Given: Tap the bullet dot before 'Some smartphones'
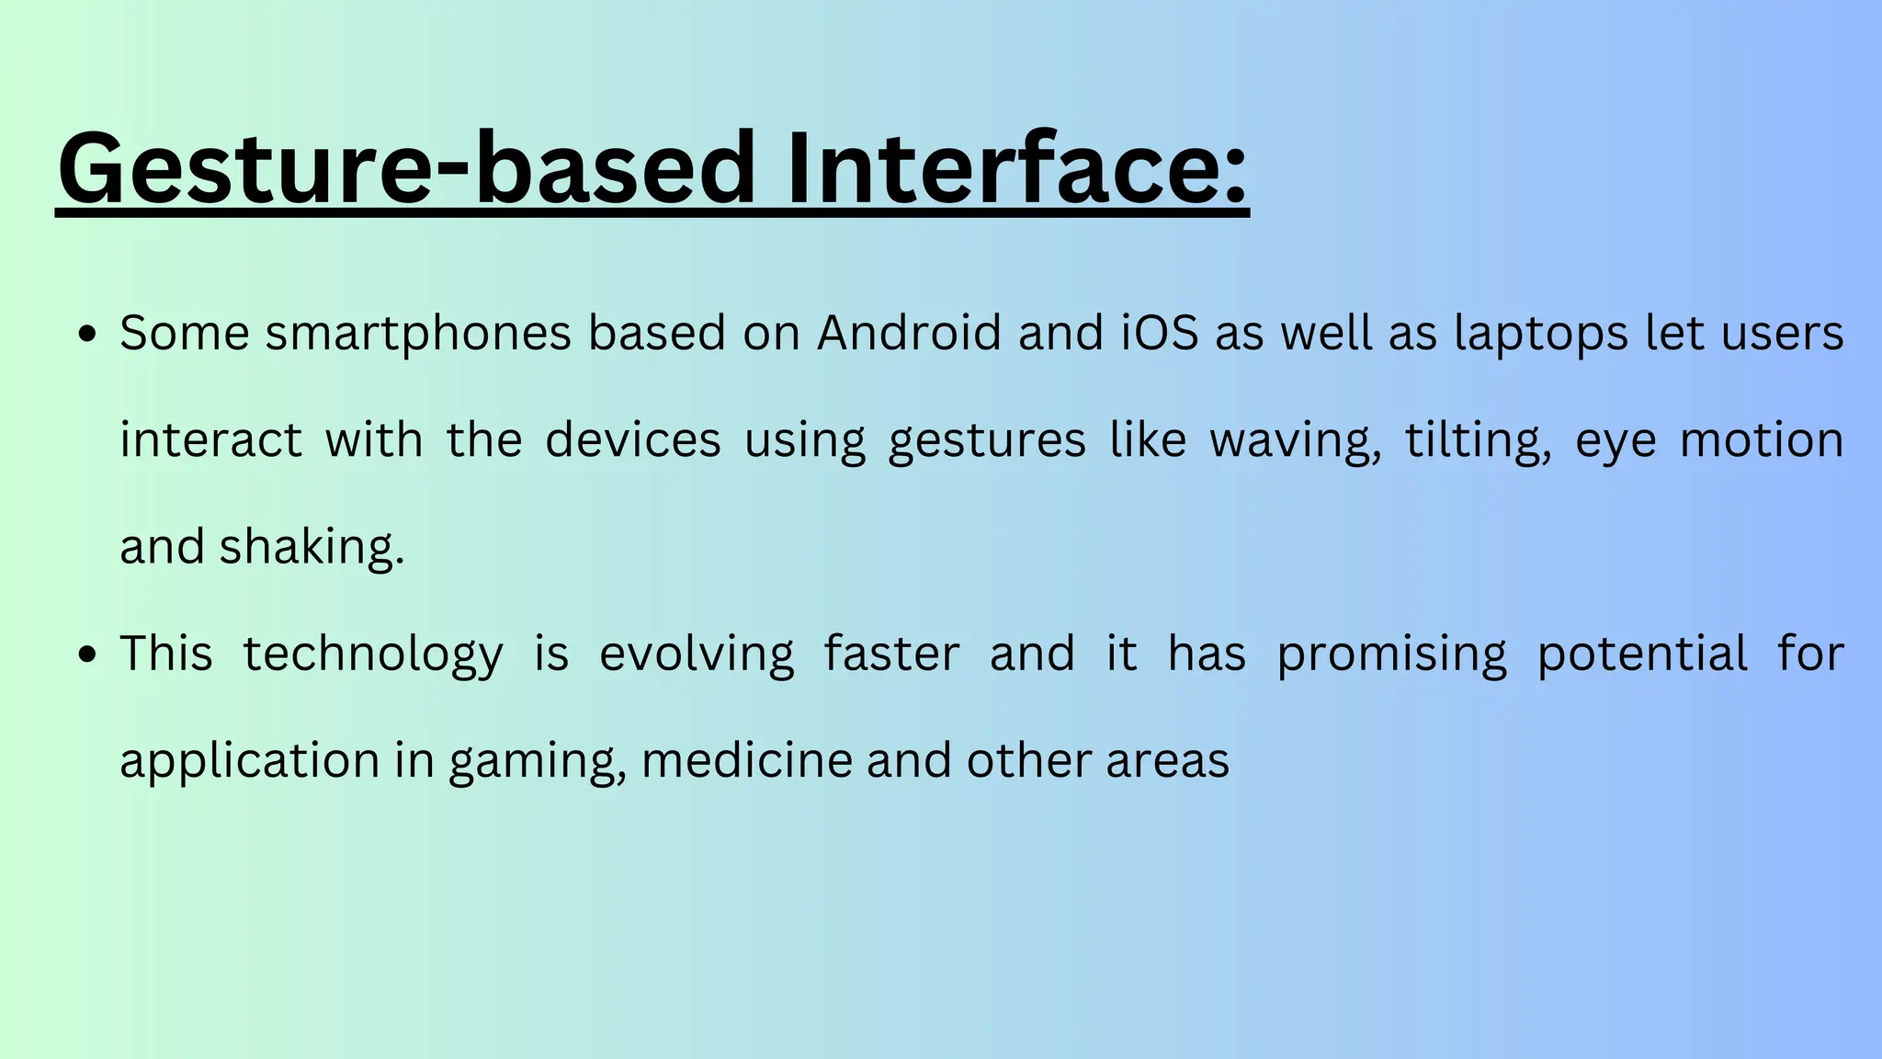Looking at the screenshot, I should [87, 335].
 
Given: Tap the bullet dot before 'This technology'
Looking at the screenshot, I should [87, 655].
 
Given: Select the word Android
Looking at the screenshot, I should [909, 333].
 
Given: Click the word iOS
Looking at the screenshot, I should [1160, 333].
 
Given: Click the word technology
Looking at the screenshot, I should [372, 655].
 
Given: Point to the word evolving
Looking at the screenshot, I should [697, 655].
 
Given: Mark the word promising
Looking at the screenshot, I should [1392, 655].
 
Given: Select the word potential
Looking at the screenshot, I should [1642, 655].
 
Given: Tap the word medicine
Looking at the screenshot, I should [747, 761].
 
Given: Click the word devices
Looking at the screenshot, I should [633, 440].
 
